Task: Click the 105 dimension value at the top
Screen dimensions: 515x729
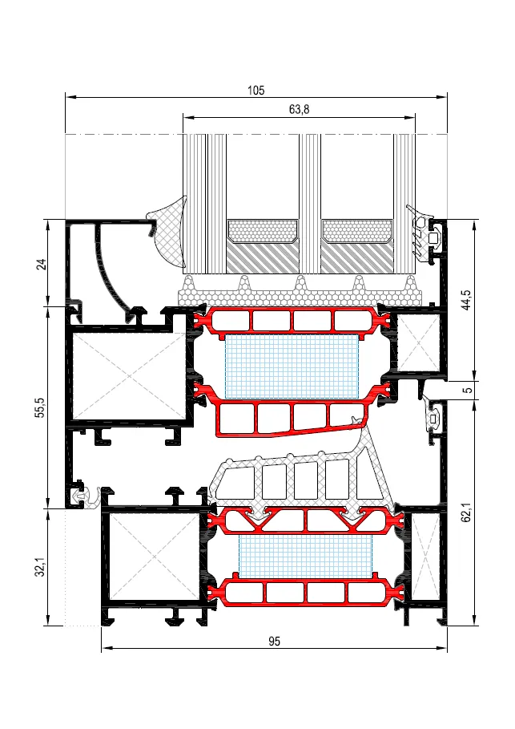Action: click(x=255, y=90)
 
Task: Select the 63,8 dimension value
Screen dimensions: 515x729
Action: click(x=299, y=110)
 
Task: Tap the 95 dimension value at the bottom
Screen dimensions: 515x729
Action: click(x=275, y=641)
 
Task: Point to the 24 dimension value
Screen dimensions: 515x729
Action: click(x=42, y=264)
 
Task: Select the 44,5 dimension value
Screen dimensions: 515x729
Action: click(x=466, y=300)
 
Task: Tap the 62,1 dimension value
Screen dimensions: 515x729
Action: click(x=466, y=511)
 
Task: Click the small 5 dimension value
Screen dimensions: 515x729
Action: click(x=469, y=390)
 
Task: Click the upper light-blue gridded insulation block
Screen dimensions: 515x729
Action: click(x=292, y=366)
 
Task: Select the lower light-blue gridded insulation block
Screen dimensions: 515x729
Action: click(x=305, y=556)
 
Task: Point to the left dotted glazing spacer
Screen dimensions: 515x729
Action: click(x=263, y=232)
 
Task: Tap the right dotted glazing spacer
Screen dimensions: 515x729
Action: click(x=357, y=232)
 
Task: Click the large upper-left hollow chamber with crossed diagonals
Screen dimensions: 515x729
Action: click(x=128, y=375)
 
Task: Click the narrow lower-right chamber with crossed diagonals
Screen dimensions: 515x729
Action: click(x=425, y=556)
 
